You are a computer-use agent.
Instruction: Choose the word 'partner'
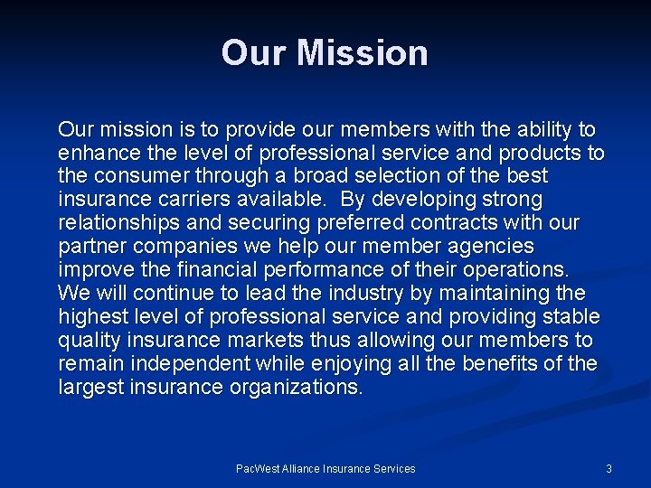90,246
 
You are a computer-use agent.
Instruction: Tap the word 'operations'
513,269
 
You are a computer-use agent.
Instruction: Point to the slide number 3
609,468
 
